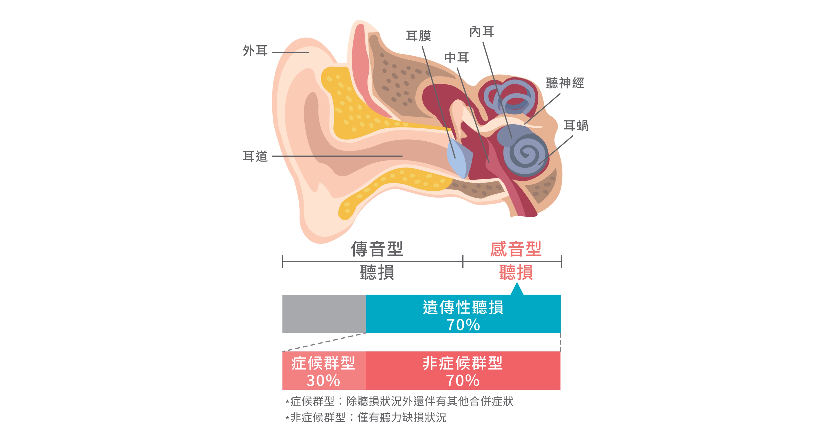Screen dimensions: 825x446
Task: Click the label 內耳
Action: [482, 32]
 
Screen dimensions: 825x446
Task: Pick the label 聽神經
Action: [565, 83]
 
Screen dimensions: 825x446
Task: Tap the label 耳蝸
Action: [576, 126]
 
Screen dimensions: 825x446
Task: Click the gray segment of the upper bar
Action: [324, 314]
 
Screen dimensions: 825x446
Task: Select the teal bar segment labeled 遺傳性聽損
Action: [463, 314]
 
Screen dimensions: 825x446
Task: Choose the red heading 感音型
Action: [516, 249]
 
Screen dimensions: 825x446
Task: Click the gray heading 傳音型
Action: [377, 249]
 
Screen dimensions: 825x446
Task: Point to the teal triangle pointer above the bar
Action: [517, 289]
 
